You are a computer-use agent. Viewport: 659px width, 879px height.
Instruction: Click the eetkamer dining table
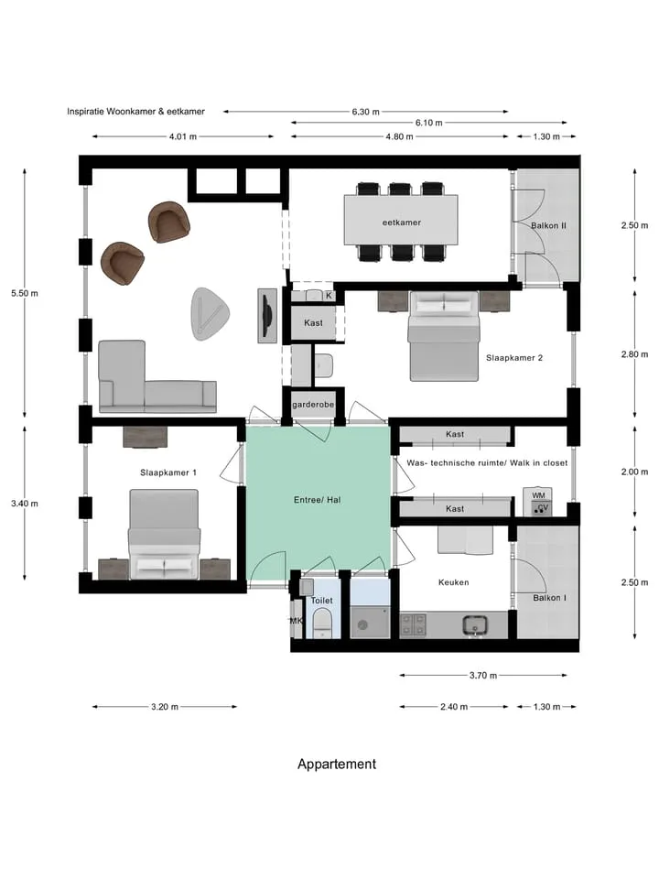[401, 220]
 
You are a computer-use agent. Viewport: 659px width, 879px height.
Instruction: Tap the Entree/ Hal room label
[318, 500]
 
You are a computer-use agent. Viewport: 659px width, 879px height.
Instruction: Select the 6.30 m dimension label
[365, 112]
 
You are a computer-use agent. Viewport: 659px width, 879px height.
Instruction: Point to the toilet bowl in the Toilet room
[321, 624]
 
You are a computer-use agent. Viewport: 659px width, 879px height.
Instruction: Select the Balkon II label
[548, 225]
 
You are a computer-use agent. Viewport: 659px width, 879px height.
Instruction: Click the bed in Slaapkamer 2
[445, 336]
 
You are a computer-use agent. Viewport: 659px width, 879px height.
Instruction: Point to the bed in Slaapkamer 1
[164, 534]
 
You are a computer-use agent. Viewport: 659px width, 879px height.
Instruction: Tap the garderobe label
[313, 404]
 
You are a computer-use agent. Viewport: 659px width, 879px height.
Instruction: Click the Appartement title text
[337, 764]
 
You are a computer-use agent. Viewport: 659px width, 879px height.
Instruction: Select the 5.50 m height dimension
[25, 293]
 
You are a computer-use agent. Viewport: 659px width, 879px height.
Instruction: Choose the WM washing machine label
[538, 495]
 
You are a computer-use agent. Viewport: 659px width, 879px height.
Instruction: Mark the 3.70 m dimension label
[483, 676]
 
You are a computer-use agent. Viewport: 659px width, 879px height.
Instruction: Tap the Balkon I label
[549, 598]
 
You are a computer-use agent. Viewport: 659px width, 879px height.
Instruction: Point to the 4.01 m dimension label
[183, 136]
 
